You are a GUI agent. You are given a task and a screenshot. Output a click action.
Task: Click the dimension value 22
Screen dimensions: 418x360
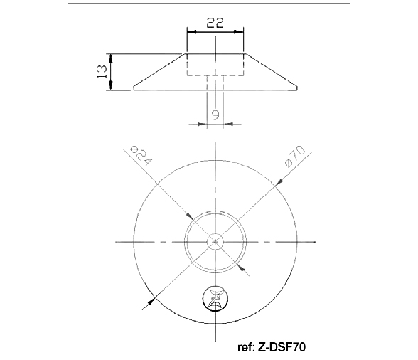(215, 23)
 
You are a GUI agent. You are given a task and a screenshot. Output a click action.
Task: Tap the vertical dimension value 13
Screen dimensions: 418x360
(102, 72)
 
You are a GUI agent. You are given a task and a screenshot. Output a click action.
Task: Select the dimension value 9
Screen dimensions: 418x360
(215, 115)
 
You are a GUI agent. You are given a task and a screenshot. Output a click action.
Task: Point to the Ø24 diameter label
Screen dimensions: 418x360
(141, 156)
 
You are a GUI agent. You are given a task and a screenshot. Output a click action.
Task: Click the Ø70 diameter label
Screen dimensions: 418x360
(295, 156)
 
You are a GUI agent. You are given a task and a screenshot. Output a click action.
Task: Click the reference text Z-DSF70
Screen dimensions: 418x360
(282, 347)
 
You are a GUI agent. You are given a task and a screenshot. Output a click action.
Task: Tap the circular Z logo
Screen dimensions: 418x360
(215, 299)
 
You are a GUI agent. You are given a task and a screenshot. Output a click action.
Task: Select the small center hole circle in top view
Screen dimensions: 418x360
(215, 241)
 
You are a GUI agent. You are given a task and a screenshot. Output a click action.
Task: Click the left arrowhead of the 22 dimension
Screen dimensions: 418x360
(192, 32)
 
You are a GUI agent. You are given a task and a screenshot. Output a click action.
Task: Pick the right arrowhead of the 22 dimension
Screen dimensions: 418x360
(239, 32)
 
